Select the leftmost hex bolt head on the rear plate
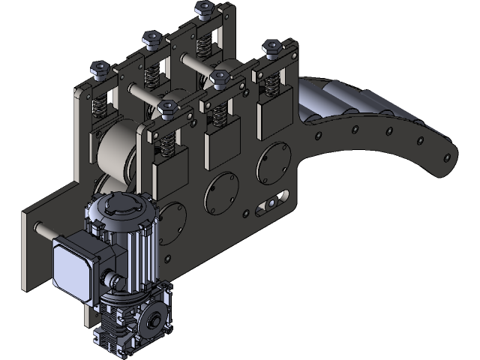(x=99, y=70)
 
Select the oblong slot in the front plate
(x=268, y=202)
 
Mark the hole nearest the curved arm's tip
(x=447, y=158)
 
